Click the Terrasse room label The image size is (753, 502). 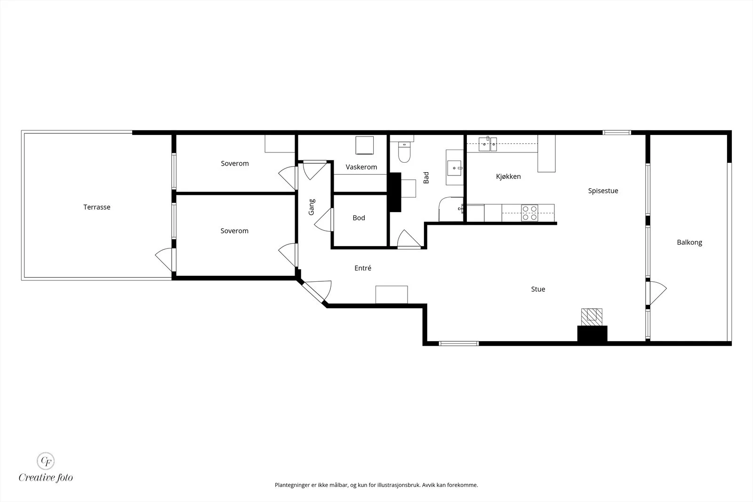(97, 207)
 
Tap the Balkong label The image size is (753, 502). (689, 242)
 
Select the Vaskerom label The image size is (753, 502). (361, 167)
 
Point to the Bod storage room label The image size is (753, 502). (359, 218)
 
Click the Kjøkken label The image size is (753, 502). (508, 176)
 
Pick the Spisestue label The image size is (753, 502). (603, 191)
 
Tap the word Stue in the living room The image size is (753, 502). (538, 289)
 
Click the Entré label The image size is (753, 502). (363, 268)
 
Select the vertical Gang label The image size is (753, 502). (312, 207)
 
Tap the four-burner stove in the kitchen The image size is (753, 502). (529, 213)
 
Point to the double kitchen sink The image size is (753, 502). (488, 144)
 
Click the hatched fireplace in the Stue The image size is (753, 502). (592, 317)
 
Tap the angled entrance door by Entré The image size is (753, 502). (318, 291)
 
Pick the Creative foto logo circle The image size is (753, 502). (46, 461)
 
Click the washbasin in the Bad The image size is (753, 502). (454, 167)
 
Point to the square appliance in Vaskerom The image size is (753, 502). (365, 145)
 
